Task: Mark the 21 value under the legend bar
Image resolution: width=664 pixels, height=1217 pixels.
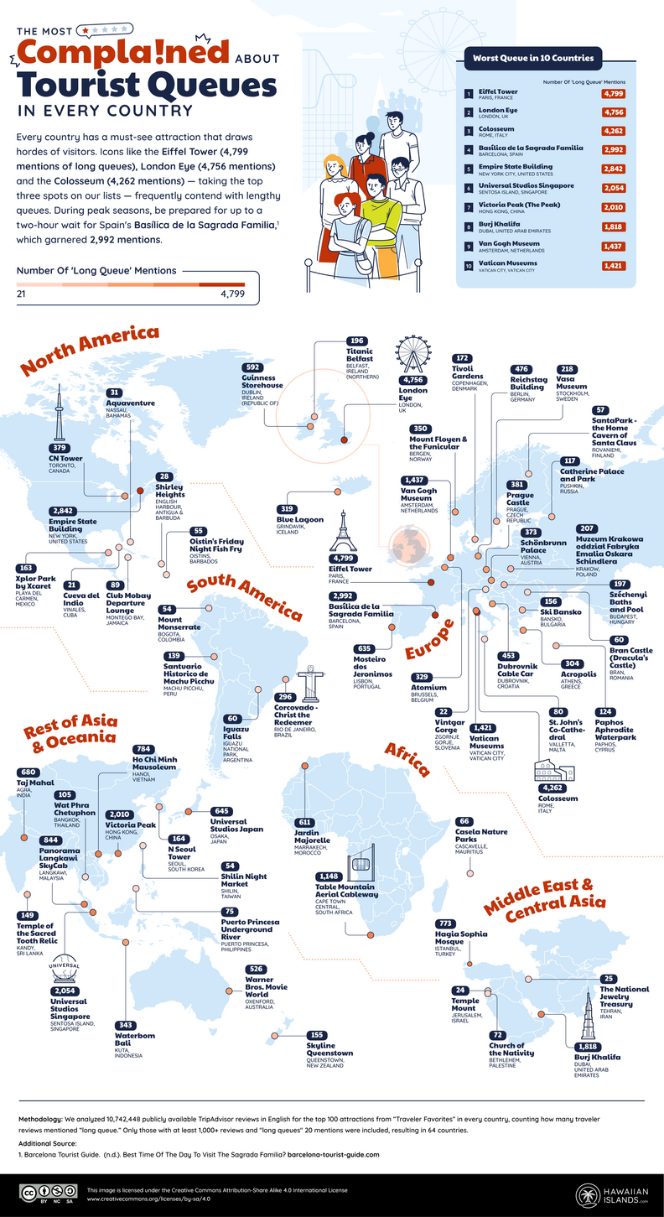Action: click(x=23, y=294)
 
